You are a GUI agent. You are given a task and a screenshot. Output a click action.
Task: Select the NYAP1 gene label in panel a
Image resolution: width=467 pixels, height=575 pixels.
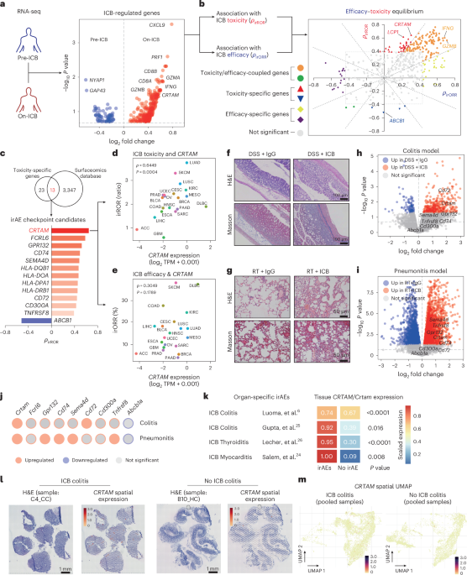tap(97, 73)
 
